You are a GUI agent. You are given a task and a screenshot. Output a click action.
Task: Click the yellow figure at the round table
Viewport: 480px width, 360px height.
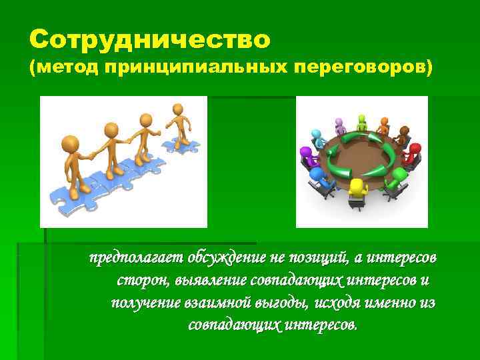[x=359, y=190]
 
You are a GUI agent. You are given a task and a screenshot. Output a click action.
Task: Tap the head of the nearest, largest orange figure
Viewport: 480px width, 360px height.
[x=69, y=143]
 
